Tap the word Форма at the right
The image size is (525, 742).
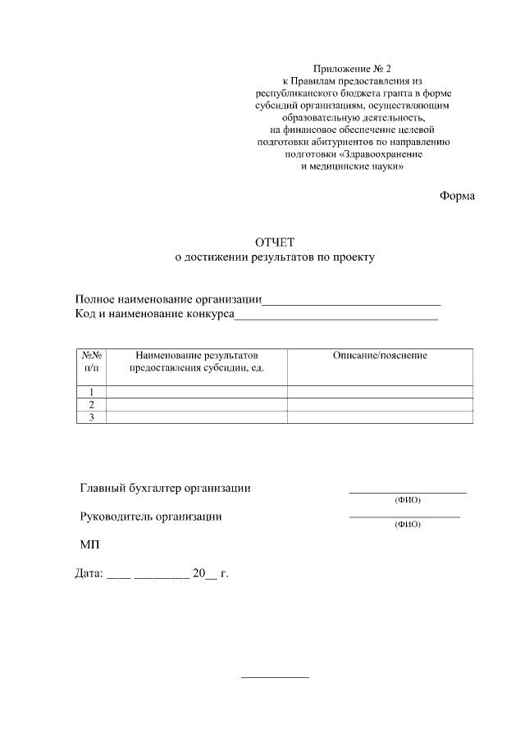(457, 196)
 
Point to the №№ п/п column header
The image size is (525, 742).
(91, 362)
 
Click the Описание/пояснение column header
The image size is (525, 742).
(380, 356)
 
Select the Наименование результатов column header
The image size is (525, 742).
(197, 362)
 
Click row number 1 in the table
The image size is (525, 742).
(92, 392)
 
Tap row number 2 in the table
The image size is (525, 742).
(92, 405)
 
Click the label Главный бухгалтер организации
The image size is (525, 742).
(165, 489)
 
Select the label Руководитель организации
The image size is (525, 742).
(151, 517)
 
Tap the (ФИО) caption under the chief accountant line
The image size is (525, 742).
(407, 499)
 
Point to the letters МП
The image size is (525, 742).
(89, 544)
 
